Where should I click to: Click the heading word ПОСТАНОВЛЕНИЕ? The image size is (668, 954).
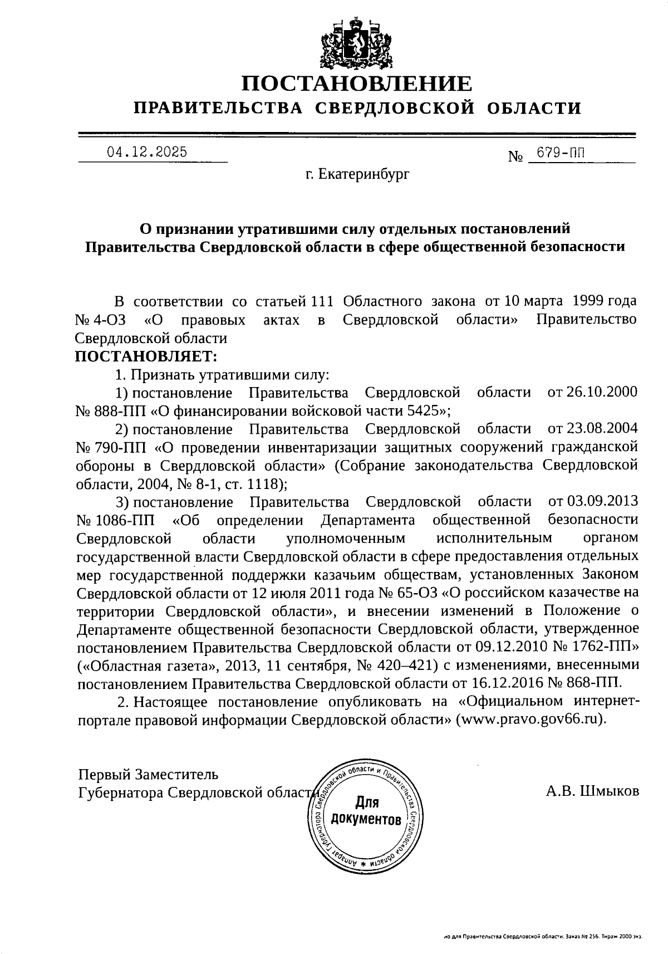(x=357, y=84)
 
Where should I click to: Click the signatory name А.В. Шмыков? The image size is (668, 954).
(x=592, y=791)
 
